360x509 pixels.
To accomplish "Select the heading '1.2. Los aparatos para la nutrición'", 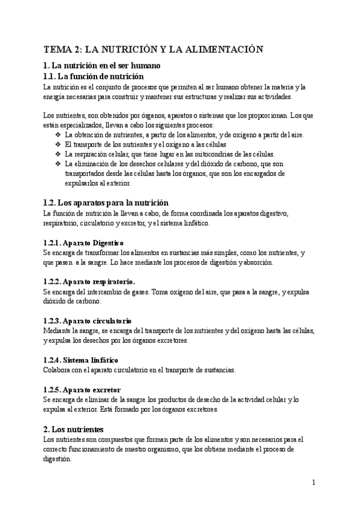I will pos(106,203).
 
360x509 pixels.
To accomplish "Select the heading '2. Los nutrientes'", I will pos(74,429).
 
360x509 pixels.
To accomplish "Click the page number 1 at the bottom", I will pos(314,482).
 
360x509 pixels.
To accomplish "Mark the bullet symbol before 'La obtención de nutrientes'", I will pos(58,135).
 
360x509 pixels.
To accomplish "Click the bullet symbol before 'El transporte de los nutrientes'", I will pos(58,145).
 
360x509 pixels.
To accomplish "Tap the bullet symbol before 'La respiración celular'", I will pos(58,154).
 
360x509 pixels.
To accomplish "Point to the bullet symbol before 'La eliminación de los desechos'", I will pos(58,164).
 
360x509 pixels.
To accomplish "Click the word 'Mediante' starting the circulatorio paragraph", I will pos(59,331).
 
